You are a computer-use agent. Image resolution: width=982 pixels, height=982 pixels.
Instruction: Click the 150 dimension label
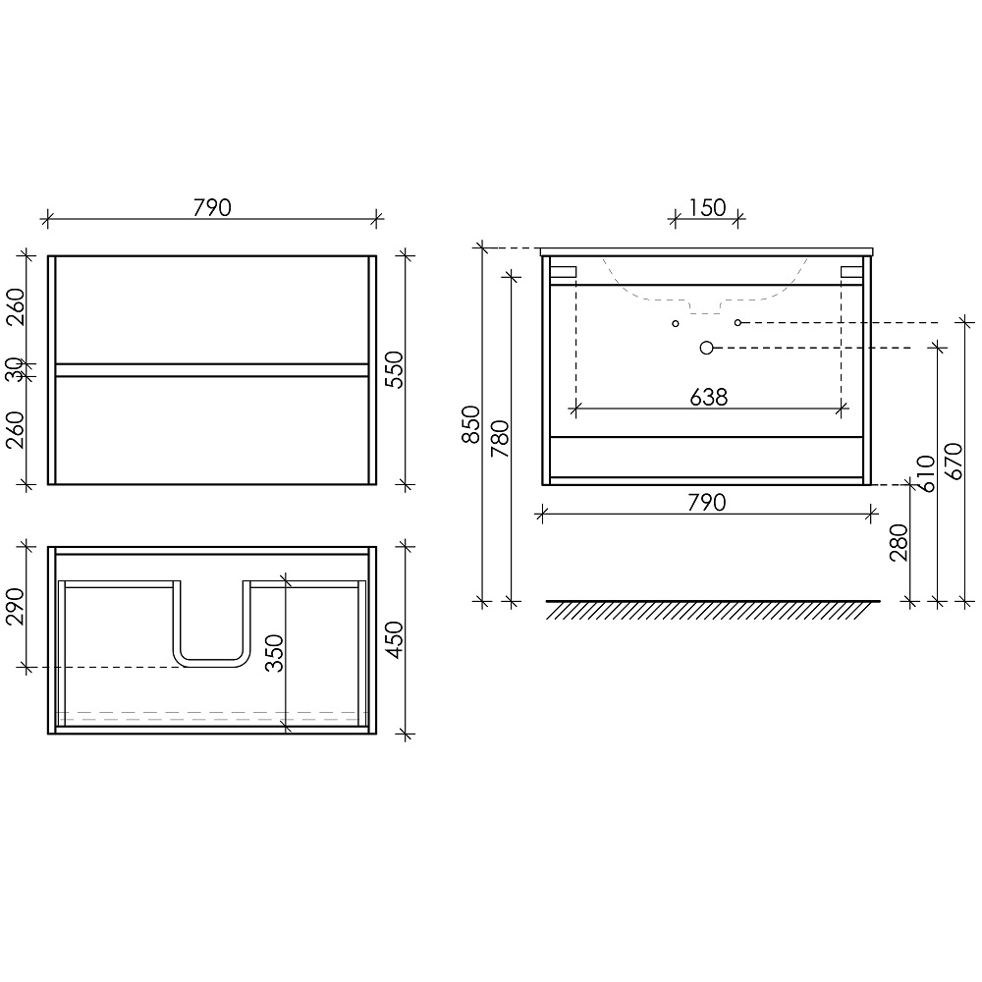707,207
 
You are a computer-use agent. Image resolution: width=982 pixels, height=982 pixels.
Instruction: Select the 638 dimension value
708,397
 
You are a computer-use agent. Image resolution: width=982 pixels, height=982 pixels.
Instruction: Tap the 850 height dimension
471,424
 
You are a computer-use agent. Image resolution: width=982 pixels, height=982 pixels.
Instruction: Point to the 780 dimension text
501,438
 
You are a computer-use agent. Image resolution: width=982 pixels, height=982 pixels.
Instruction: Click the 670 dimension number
954,461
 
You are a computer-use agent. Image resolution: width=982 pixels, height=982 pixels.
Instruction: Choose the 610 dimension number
926,473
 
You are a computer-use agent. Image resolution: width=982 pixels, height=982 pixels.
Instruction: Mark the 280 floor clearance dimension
899,542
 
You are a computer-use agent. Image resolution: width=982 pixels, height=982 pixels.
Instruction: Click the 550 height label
394,369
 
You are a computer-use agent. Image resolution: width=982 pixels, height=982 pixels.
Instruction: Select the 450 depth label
394,639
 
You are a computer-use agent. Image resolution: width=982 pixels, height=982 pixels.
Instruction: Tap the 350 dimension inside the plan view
274,653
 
